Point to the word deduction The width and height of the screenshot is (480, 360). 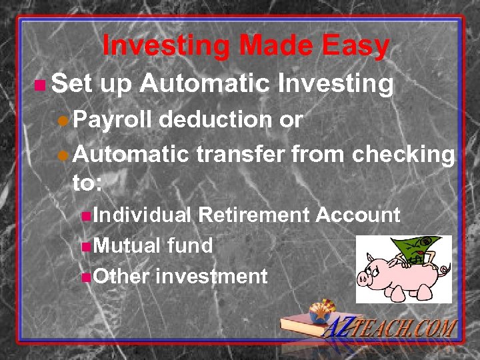[214, 120]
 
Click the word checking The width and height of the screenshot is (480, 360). [403, 155]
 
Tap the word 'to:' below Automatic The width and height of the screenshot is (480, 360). [87, 183]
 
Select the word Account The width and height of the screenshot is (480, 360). [358, 215]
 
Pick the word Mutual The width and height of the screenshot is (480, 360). [127, 246]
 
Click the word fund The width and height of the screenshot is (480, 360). [190, 246]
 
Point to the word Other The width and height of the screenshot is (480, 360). [121, 276]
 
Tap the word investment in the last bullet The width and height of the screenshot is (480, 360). [211, 276]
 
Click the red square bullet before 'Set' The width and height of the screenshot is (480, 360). [40, 85]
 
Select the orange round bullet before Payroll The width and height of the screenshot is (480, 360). [61, 121]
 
